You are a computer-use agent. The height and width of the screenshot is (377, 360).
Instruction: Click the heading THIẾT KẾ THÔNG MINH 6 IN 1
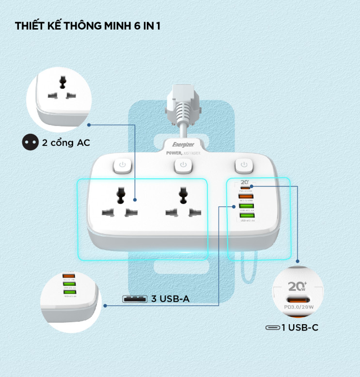pyautogui.click(x=88, y=26)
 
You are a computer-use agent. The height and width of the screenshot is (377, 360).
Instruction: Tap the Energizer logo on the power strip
pyautogui.click(x=183, y=145)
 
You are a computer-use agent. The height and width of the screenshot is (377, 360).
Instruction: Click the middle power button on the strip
pyautogui.click(x=183, y=165)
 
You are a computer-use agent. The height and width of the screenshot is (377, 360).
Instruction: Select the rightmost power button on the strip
pyautogui.click(x=244, y=165)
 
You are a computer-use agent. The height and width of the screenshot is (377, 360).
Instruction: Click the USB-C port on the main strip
pyautogui.click(x=247, y=187)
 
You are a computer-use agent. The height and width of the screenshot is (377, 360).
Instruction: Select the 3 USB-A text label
pyautogui.click(x=170, y=299)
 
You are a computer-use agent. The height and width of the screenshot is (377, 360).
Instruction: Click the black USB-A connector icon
pyautogui.click(x=134, y=299)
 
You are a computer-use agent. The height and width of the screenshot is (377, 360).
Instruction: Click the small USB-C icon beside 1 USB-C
pyautogui.click(x=272, y=328)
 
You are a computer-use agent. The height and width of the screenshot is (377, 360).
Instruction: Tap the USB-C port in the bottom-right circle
pyautogui.click(x=300, y=298)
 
